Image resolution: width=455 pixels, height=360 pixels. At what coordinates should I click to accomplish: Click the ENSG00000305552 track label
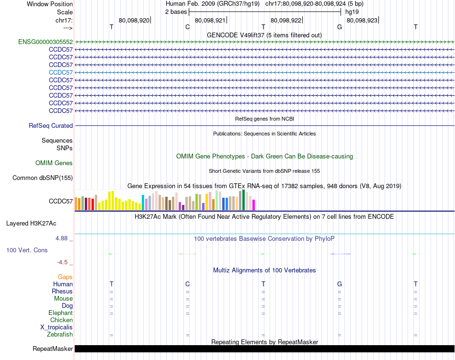point(45,42)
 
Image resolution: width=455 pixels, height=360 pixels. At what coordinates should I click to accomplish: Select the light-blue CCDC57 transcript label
point(61,72)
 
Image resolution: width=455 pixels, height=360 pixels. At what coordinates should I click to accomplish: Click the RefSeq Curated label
point(51,126)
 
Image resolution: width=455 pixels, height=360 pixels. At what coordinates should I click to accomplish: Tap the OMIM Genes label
point(54,163)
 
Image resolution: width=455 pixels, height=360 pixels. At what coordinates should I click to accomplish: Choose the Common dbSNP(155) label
point(43,178)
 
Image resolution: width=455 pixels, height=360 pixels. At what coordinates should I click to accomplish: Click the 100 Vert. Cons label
point(27,250)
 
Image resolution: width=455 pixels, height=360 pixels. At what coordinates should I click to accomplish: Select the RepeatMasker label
point(53,349)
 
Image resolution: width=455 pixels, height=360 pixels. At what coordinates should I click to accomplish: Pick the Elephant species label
point(60,313)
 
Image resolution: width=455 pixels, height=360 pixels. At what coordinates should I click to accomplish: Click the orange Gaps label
point(65,277)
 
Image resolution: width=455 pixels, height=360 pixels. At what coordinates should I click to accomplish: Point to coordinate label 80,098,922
point(286,21)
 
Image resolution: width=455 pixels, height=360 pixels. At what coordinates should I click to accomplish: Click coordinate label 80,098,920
point(134,21)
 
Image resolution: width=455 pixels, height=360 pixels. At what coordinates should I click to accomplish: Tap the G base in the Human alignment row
point(340,284)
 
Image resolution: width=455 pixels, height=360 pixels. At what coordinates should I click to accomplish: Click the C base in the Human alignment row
point(187,284)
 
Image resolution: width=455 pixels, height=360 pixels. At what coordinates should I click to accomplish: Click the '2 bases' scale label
point(176,11)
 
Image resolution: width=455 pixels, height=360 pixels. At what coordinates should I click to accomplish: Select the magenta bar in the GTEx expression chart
point(253,205)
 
